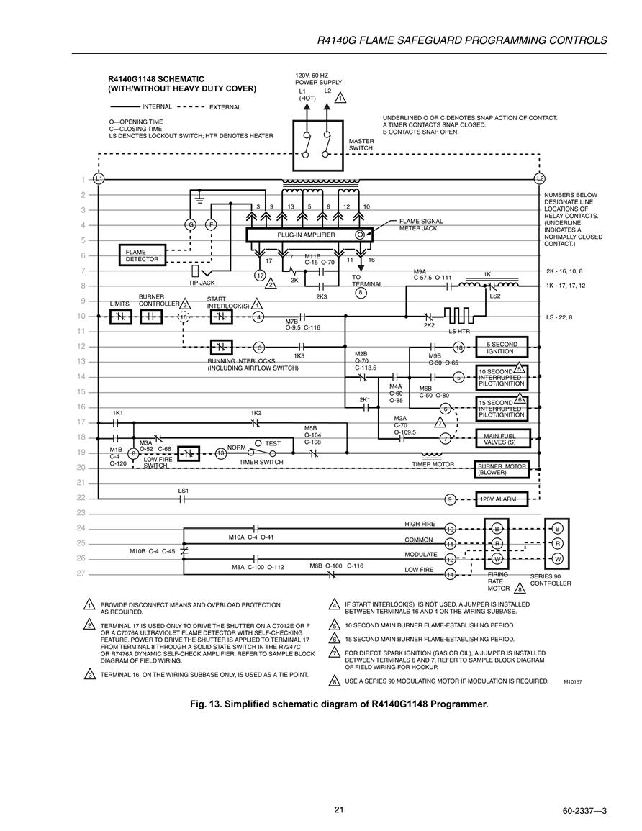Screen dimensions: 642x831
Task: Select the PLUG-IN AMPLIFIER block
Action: pyautogui.click(x=309, y=235)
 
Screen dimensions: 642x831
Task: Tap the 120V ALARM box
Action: pyautogui.click(x=502, y=499)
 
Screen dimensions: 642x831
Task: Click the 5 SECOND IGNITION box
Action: pyautogui.click(x=502, y=348)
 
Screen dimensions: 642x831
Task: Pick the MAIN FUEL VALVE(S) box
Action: pyautogui.click(x=502, y=439)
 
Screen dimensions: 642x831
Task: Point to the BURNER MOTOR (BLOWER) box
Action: pyautogui.click(x=502, y=470)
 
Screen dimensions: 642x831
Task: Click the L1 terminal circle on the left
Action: pyautogui.click(x=99, y=179)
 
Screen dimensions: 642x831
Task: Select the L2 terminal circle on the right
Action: pyautogui.click(x=540, y=179)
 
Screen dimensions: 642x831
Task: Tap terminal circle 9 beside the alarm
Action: pyautogui.click(x=450, y=499)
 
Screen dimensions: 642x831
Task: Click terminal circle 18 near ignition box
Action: pyautogui.click(x=459, y=347)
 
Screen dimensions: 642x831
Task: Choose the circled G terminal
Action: pyautogui.click(x=190, y=224)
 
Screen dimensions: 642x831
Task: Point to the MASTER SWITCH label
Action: pyautogui.click(x=361, y=145)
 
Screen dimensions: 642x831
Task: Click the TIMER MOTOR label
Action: pyautogui.click(x=433, y=464)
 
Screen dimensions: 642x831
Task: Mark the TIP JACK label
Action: pyautogui.click(x=202, y=283)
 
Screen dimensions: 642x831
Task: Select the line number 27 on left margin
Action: pyautogui.click(x=81, y=573)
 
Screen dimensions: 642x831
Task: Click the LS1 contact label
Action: pyautogui.click(x=183, y=491)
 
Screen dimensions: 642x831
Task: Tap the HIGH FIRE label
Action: pyautogui.click(x=420, y=525)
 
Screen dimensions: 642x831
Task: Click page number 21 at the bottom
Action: pyautogui.click(x=339, y=809)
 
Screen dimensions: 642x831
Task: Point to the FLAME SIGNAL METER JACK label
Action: pyautogui.click(x=421, y=224)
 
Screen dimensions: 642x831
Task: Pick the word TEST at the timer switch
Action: pyautogui.click(x=273, y=444)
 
